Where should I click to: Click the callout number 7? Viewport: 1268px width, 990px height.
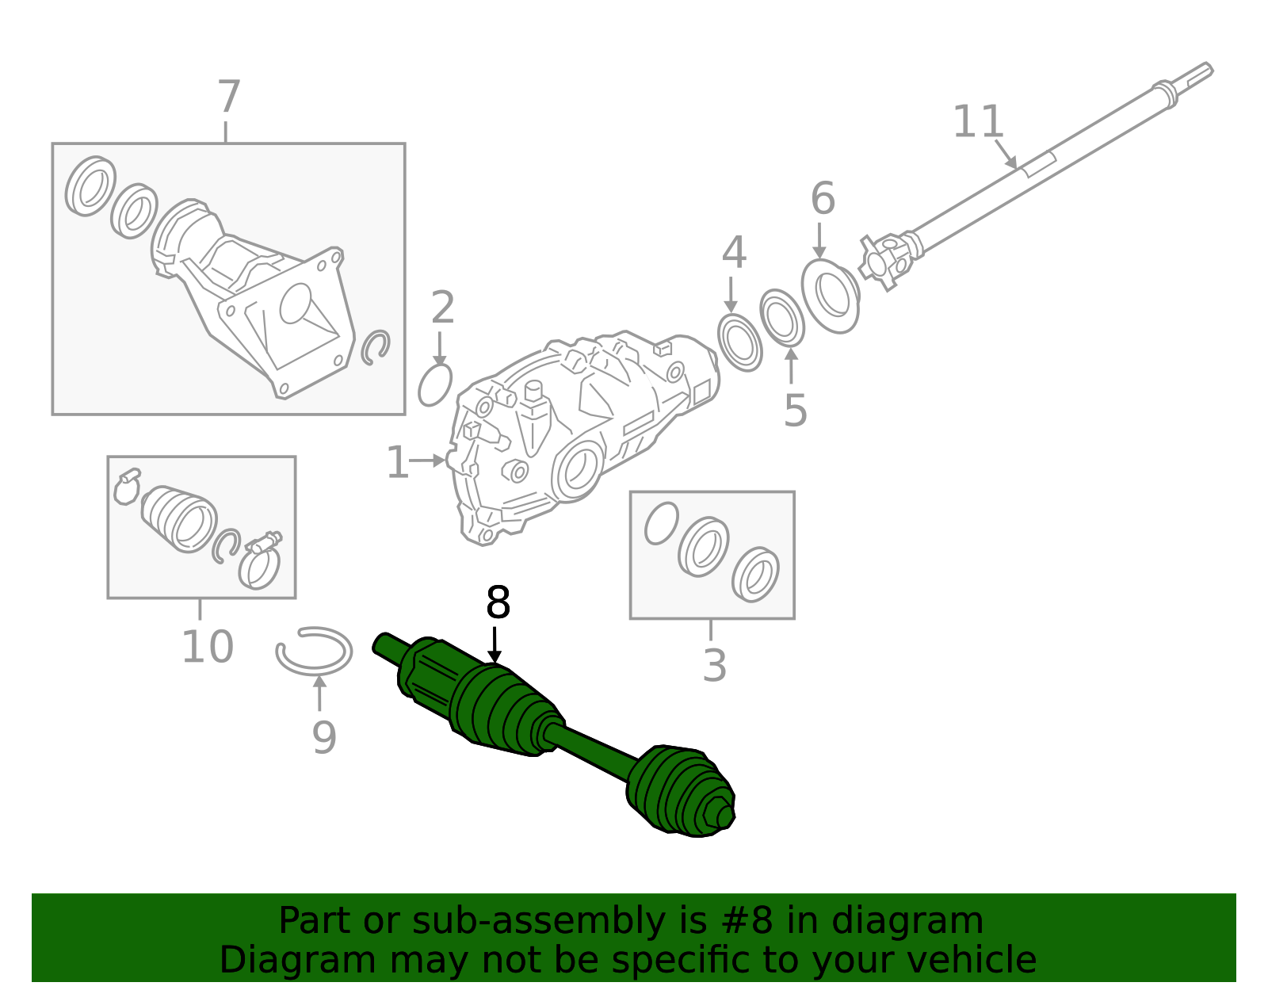coord(228,97)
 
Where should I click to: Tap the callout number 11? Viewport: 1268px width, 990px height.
coord(978,122)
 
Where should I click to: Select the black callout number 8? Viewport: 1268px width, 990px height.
coord(498,603)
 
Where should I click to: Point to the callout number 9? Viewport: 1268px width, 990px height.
coord(323,738)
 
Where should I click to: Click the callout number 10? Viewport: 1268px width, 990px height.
coord(207,647)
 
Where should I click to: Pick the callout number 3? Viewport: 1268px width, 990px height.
coord(714,666)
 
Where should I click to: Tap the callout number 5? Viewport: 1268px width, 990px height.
coord(795,411)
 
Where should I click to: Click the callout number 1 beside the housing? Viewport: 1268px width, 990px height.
coord(397,463)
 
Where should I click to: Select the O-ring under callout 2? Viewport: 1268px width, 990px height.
coord(434,385)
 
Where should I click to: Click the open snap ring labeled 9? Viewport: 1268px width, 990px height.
coord(314,652)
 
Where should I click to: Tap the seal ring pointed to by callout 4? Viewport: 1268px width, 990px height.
coord(739,342)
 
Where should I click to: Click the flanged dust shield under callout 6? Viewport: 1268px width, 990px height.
coord(830,295)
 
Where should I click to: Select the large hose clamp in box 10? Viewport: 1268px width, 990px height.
coord(259,564)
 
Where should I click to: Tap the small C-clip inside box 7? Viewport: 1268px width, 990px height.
coord(375,347)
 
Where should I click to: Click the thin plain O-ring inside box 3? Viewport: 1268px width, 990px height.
coord(661,523)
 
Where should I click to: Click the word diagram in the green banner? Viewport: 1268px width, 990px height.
coord(915,922)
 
